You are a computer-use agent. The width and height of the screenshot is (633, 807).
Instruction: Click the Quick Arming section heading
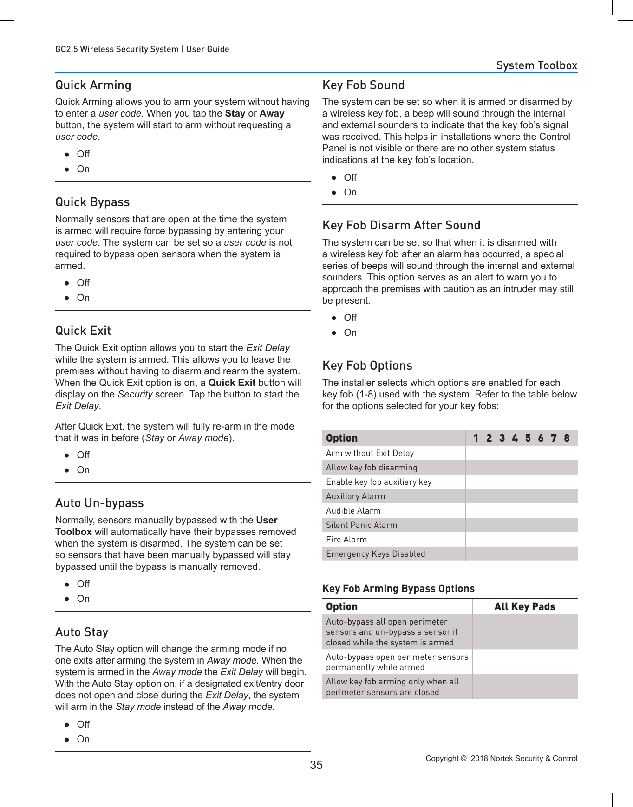tap(93, 85)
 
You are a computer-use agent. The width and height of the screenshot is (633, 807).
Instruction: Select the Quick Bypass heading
tap(92, 202)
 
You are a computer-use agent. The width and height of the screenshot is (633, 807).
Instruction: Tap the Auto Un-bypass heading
tap(99, 503)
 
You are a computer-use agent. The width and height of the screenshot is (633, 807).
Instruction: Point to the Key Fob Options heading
tap(367, 366)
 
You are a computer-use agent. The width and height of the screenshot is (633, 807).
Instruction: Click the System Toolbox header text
tap(536, 65)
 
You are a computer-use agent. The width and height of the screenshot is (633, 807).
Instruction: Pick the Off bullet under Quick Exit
tap(83, 455)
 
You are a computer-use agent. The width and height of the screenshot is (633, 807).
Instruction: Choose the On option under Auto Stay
tap(83, 739)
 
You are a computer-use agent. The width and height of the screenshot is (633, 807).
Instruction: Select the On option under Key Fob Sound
tap(350, 192)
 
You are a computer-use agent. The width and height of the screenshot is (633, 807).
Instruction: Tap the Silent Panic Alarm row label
tap(361, 525)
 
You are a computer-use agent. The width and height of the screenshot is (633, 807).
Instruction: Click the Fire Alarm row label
tap(346, 540)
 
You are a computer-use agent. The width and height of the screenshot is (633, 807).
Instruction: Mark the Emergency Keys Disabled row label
tap(375, 554)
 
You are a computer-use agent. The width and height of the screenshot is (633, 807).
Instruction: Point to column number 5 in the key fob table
tap(528, 438)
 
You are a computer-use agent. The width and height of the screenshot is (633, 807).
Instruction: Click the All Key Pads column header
tap(525, 607)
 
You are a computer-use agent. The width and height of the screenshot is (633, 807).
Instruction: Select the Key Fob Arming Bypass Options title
tap(398, 589)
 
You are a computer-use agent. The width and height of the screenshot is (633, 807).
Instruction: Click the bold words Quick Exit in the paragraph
tap(232, 383)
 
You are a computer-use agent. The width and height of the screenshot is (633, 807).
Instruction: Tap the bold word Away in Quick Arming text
tap(272, 114)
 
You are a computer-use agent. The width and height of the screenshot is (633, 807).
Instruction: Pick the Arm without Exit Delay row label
tap(370, 453)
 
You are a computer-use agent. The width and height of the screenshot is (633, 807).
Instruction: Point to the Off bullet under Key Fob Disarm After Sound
tap(350, 318)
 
